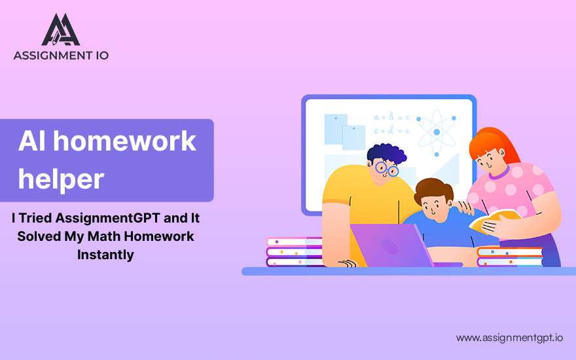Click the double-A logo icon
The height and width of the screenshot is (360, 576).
[x=61, y=29]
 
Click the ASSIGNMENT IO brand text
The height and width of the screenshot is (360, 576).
[x=61, y=56]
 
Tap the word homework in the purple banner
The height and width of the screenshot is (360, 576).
[x=124, y=141]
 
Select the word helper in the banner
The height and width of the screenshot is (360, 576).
[x=61, y=179]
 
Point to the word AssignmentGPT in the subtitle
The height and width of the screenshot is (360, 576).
[x=107, y=218]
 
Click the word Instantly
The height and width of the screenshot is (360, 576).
[x=105, y=255]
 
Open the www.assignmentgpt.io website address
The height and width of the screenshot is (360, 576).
[x=509, y=338]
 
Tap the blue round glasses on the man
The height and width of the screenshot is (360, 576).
[x=387, y=169]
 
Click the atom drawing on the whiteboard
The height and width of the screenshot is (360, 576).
[x=437, y=132]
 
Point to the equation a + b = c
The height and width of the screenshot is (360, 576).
[x=391, y=117]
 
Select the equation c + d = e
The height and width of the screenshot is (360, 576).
[x=391, y=130]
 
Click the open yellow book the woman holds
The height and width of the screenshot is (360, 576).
[x=494, y=220]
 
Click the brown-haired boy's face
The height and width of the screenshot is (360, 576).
[x=434, y=207]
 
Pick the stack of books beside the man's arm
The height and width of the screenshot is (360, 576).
[x=295, y=252]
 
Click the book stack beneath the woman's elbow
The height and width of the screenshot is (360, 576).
[x=510, y=257]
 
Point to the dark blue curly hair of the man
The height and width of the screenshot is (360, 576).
[x=386, y=154]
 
